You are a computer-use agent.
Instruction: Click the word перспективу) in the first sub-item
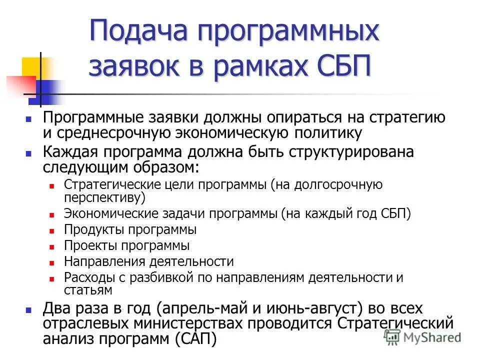104,196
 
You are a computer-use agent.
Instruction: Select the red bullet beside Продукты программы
52,231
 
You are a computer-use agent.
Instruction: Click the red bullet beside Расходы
52,278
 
